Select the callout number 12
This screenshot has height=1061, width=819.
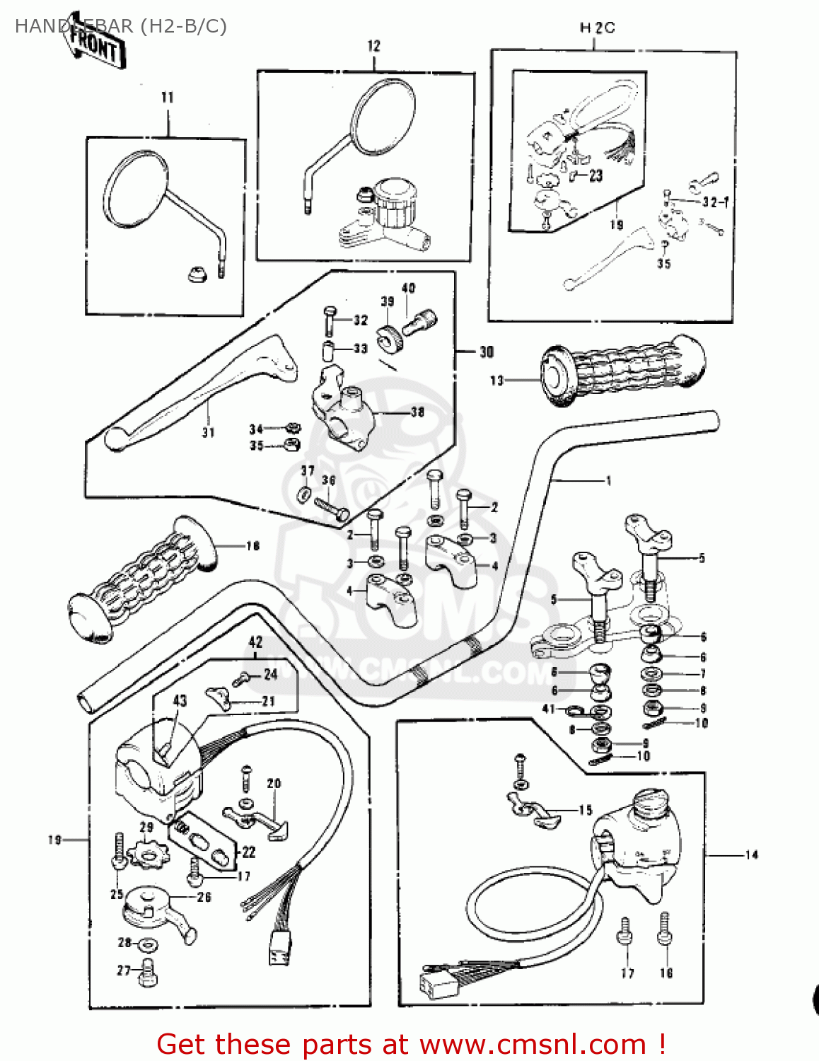(x=373, y=46)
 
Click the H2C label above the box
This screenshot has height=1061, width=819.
(x=597, y=28)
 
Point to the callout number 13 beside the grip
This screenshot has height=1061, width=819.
(x=496, y=381)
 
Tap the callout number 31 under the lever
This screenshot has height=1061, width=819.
(x=208, y=432)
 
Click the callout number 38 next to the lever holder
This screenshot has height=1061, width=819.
(x=417, y=412)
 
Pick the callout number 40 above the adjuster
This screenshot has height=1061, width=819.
(x=408, y=289)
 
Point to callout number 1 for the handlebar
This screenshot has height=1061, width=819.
(x=608, y=481)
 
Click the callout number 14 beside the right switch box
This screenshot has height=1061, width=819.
(x=751, y=855)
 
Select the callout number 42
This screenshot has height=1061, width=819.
(x=255, y=642)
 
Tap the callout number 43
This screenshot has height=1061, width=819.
(x=180, y=700)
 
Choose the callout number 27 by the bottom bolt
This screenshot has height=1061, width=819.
(x=124, y=970)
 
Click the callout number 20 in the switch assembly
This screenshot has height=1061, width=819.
(x=274, y=783)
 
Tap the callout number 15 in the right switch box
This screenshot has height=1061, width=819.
(x=585, y=810)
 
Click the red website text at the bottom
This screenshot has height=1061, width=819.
(x=410, y=1044)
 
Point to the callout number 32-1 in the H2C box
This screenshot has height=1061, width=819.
(x=714, y=202)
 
